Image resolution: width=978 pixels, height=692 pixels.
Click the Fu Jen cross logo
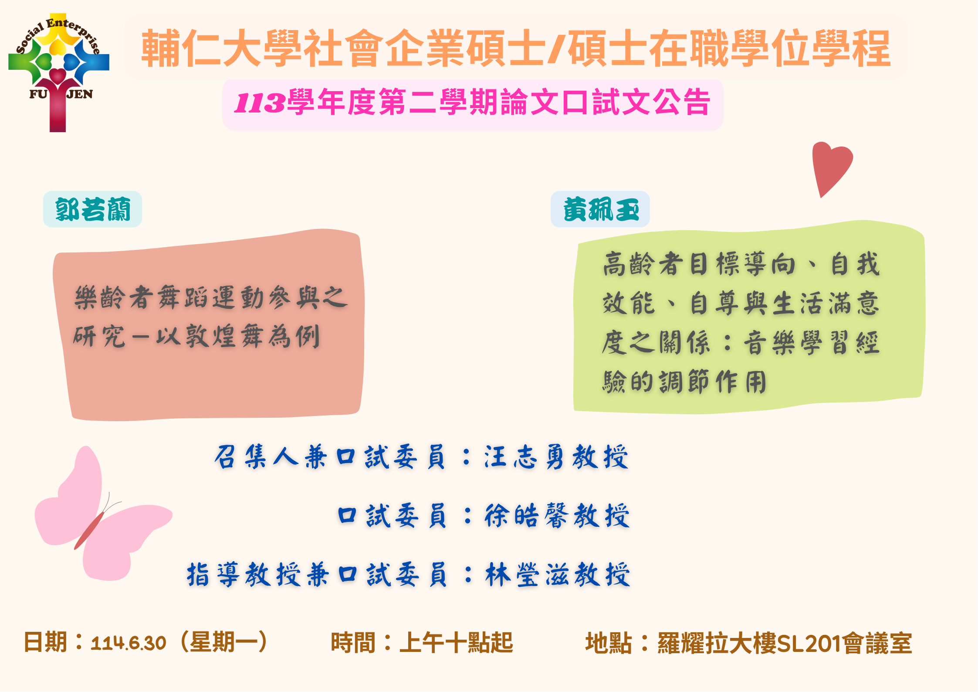tap(58, 72)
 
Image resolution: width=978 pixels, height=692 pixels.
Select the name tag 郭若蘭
tap(92, 209)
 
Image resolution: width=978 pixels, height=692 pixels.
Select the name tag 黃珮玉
tap(600, 209)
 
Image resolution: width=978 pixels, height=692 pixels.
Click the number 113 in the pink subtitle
tap(260, 103)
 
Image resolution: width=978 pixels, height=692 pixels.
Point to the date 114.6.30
tap(129, 643)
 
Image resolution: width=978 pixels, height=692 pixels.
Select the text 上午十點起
tap(457, 643)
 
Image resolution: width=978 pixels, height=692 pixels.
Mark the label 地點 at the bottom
tap(608, 643)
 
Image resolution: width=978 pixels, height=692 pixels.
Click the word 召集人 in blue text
tap(257, 457)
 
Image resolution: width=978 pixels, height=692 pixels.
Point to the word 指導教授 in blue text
tap(244, 574)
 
